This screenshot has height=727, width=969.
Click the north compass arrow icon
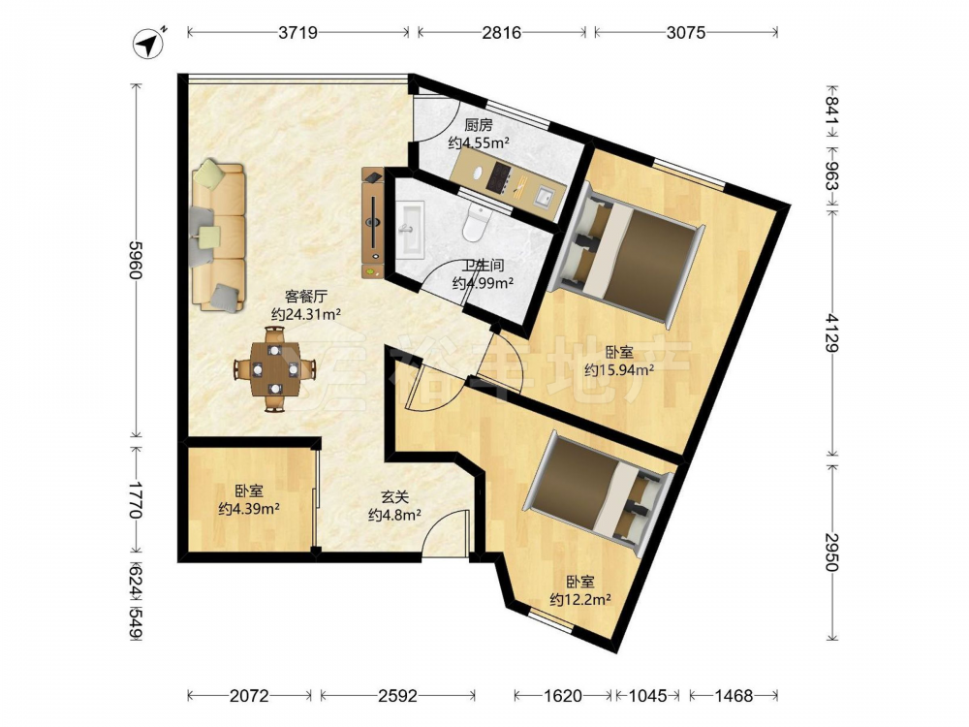[x=148, y=44]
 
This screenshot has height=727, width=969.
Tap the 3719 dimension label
[x=297, y=32]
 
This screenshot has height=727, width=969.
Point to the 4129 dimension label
[x=833, y=332]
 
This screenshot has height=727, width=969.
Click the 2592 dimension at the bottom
[x=397, y=696]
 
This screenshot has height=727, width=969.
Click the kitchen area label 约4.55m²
[x=479, y=143]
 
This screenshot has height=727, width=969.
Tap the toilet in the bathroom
[x=476, y=221]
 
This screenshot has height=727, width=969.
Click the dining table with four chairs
[x=275, y=369]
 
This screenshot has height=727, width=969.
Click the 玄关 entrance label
[x=394, y=496]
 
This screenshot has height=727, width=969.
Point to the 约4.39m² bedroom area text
[x=249, y=509]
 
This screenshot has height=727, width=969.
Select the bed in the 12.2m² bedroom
[x=598, y=493]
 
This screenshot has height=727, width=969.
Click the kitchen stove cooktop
[x=498, y=176]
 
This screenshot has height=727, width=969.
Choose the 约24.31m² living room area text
[x=306, y=314]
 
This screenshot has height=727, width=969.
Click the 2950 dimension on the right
[x=833, y=552]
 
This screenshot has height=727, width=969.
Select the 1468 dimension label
[x=734, y=696]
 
